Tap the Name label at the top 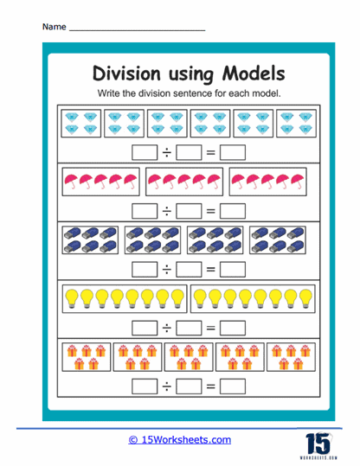pyautogui.click(x=53, y=27)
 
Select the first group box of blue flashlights pyautogui.click(x=90, y=239)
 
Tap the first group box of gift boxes pyautogui.click(x=86, y=354)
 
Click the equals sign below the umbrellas pyautogui.click(x=209, y=209)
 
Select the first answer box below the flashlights pyautogui.click(x=144, y=268)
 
